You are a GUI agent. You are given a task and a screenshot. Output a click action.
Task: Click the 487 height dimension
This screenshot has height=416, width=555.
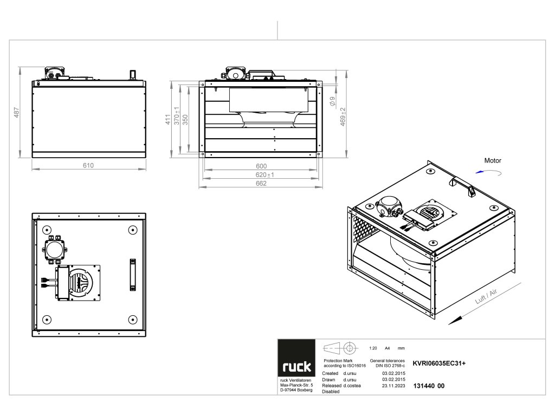tap(17, 113)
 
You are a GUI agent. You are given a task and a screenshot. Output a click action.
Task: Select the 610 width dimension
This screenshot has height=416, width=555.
tap(88, 165)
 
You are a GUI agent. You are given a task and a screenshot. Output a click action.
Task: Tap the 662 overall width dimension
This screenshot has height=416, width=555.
tap(261, 184)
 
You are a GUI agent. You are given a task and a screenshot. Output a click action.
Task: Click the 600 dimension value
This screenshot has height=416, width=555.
tap(261, 166)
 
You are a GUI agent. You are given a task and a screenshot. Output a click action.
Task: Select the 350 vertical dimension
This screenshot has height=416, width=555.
tap(185, 120)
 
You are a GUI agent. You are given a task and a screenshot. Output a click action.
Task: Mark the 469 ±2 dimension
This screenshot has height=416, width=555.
tap(343, 117)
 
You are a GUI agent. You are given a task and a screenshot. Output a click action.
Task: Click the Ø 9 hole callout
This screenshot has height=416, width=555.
tap(332, 101)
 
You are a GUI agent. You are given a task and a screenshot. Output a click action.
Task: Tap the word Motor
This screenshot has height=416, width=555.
tap(493, 160)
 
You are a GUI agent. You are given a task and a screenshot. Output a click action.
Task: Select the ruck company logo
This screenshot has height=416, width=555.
tap(296, 367)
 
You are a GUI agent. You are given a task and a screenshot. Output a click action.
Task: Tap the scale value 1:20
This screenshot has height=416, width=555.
tap(372, 348)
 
